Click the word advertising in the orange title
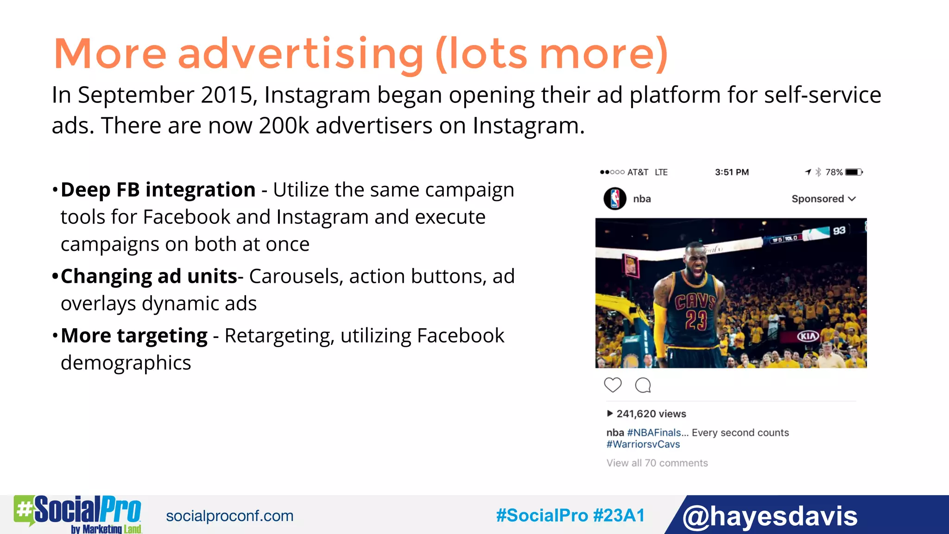coord(300,54)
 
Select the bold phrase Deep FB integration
coord(158,190)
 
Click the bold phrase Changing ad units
coord(149,276)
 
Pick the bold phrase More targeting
coord(134,336)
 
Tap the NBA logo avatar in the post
coord(615,199)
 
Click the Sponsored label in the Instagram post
coord(817,199)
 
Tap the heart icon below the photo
coord(613,385)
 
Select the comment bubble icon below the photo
coord(643,385)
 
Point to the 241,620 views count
coord(651,413)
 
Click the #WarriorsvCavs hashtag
coord(643,444)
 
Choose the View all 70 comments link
coord(657,463)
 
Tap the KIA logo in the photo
coord(808,336)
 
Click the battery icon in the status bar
coord(854,172)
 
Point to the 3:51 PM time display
coord(731,172)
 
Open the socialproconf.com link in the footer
coord(230,516)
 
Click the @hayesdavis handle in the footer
coord(770,516)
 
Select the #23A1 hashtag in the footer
coord(619,515)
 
